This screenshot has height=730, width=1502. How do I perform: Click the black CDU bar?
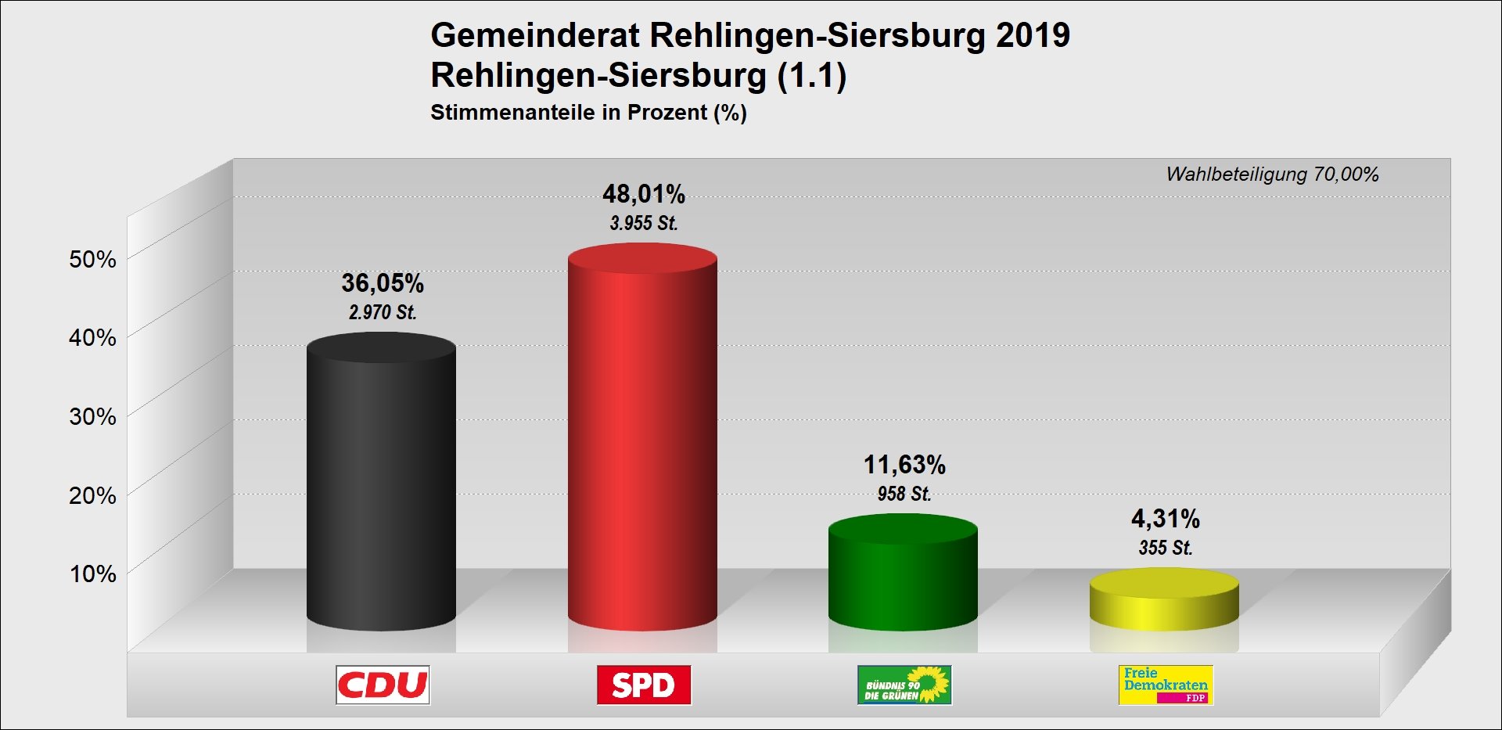click(381, 485)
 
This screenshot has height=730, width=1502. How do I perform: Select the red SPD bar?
click(642, 438)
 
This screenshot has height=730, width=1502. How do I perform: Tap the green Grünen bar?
click(903, 575)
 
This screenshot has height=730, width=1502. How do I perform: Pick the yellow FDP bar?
click(1164, 602)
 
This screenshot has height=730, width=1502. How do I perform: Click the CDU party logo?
click(383, 685)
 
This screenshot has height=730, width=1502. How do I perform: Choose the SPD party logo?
click(644, 685)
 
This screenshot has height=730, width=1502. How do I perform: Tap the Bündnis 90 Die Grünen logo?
click(904, 685)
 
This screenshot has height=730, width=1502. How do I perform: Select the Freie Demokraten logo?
click(1166, 685)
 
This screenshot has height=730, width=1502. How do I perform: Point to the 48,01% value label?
click(644, 194)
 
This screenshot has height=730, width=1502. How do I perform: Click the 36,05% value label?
click(383, 283)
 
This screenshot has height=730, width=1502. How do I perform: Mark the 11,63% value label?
click(904, 465)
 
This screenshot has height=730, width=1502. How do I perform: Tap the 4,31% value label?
click(1166, 519)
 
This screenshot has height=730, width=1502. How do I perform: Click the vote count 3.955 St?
click(644, 224)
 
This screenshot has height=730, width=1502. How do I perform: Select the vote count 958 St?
click(904, 494)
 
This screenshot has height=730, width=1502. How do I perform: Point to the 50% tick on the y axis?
click(92, 260)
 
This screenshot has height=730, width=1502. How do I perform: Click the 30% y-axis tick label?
click(92, 417)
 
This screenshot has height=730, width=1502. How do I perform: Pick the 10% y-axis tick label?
click(92, 574)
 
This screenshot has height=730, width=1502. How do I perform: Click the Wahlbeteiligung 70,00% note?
click(1272, 174)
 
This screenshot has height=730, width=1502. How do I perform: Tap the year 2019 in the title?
click(1033, 36)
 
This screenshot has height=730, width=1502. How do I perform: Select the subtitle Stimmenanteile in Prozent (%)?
click(588, 113)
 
